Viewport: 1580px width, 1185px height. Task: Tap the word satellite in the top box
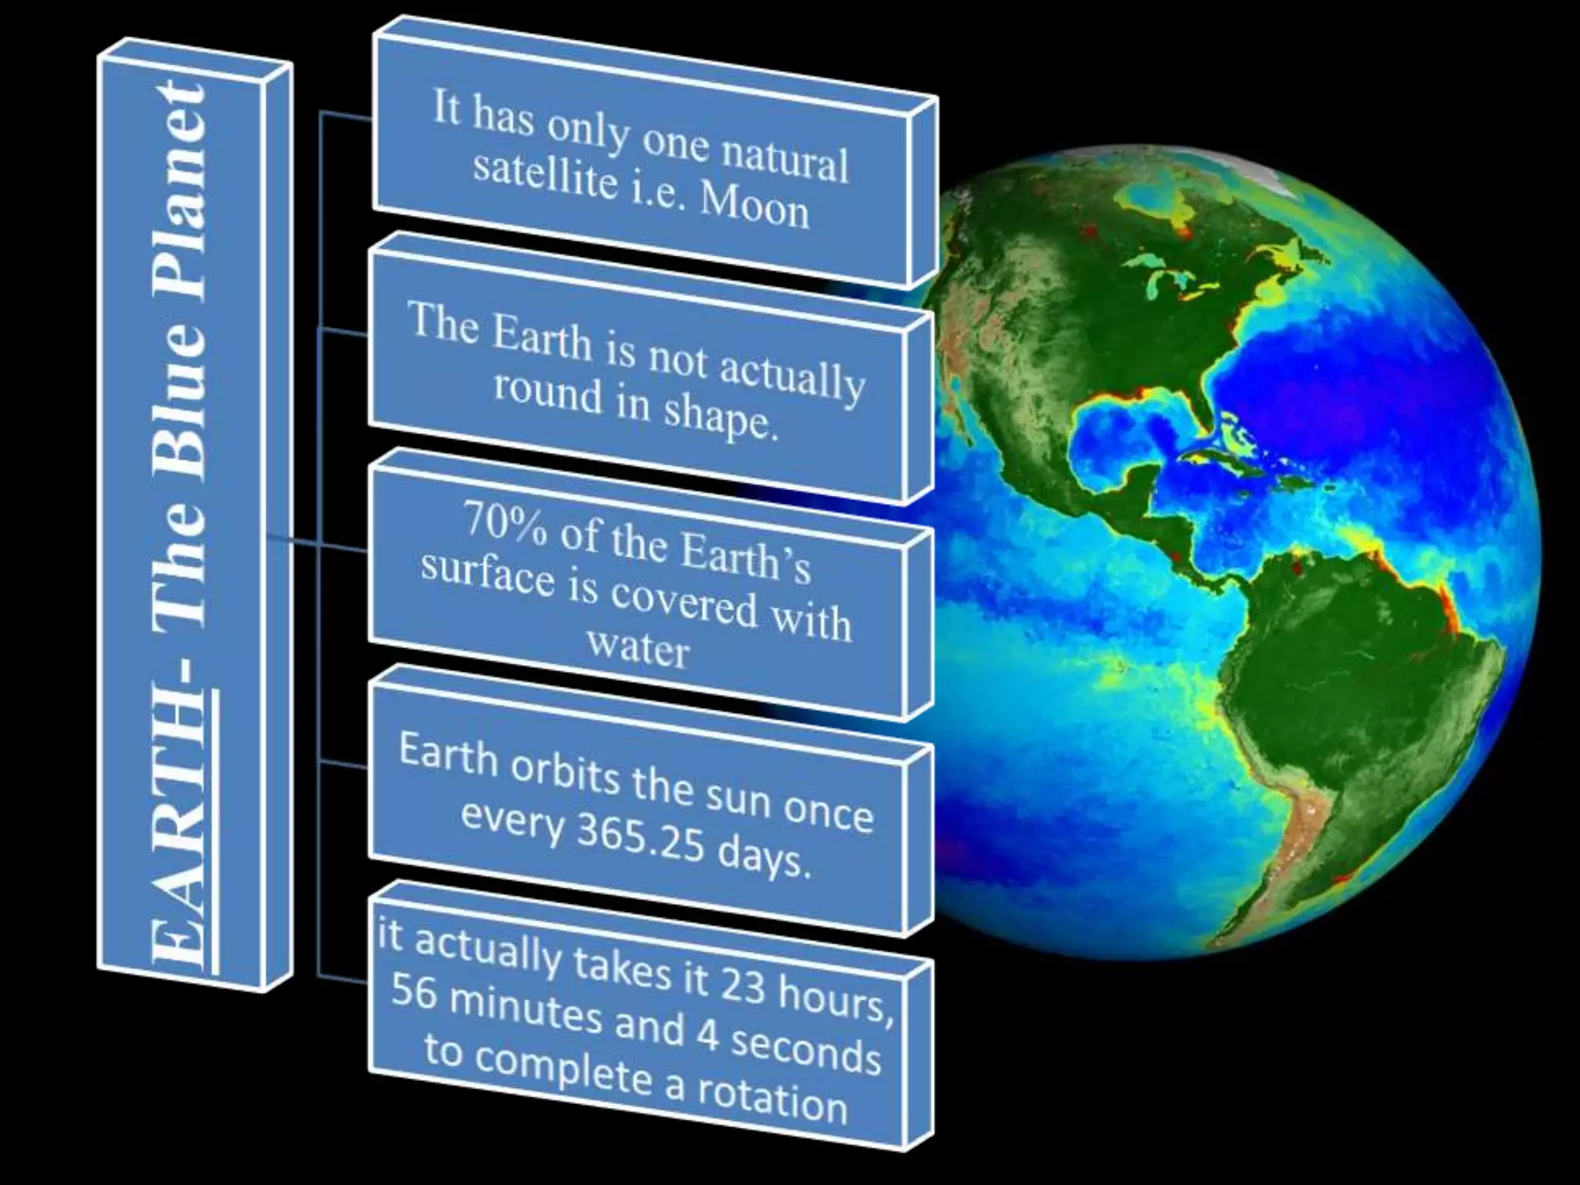(545, 177)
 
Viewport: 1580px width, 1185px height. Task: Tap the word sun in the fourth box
(734, 797)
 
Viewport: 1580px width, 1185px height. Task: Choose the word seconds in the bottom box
(805, 1048)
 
